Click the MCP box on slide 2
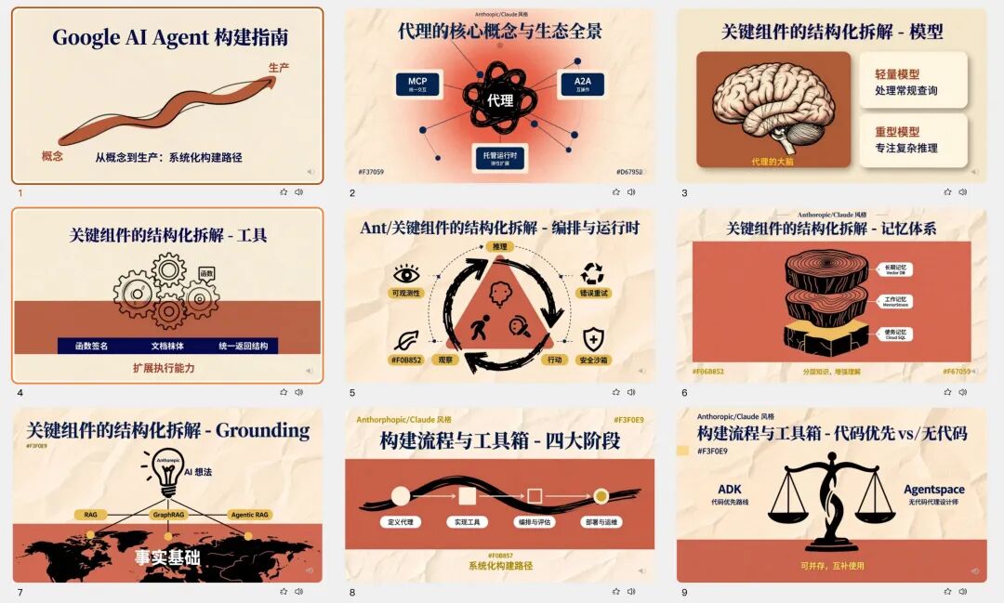coord(417,85)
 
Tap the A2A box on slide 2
coord(581,85)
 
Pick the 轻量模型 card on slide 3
coord(912,81)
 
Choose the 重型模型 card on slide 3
coord(912,139)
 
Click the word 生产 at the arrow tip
coord(279,68)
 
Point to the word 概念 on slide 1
coord(52,156)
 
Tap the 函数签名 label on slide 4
coord(91,346)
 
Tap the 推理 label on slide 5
coord(500,247)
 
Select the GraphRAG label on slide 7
coord(168,514)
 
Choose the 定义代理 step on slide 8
coord(401,522)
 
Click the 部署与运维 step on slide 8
coord(601,522)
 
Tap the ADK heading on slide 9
coord(730,490)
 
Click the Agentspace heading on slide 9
coord(933,490)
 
